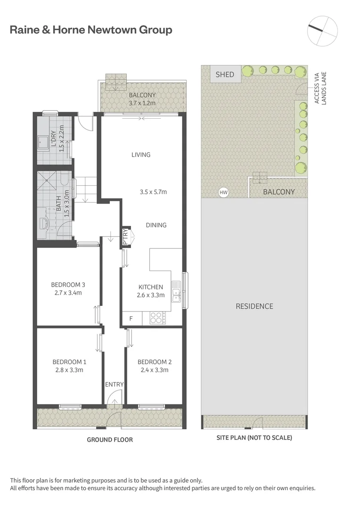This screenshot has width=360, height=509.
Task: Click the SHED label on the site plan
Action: point(225,74)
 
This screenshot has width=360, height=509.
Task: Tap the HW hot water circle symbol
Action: point(223,192)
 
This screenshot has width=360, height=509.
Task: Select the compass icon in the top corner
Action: point(322,30)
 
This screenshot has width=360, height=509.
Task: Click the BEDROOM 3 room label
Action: point(68,285)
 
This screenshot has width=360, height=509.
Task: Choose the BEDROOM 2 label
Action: point(155,362)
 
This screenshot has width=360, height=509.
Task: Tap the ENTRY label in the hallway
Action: point(114,385)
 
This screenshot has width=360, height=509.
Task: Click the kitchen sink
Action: point(176,291)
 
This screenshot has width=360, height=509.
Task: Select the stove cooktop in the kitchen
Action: point(156,319)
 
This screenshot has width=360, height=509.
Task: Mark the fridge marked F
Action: point(131,319)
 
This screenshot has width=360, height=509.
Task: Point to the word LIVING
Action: point(141,155)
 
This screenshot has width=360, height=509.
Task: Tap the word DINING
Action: point(156,225)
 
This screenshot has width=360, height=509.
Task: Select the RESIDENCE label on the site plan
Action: point(254,306)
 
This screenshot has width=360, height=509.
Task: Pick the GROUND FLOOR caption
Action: point(110,440)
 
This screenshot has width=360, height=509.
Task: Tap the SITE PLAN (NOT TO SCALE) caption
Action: point(254,438)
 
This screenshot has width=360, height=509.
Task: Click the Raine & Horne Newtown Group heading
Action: point(91,30)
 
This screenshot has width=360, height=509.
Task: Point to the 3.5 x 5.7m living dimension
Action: point(154,192)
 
